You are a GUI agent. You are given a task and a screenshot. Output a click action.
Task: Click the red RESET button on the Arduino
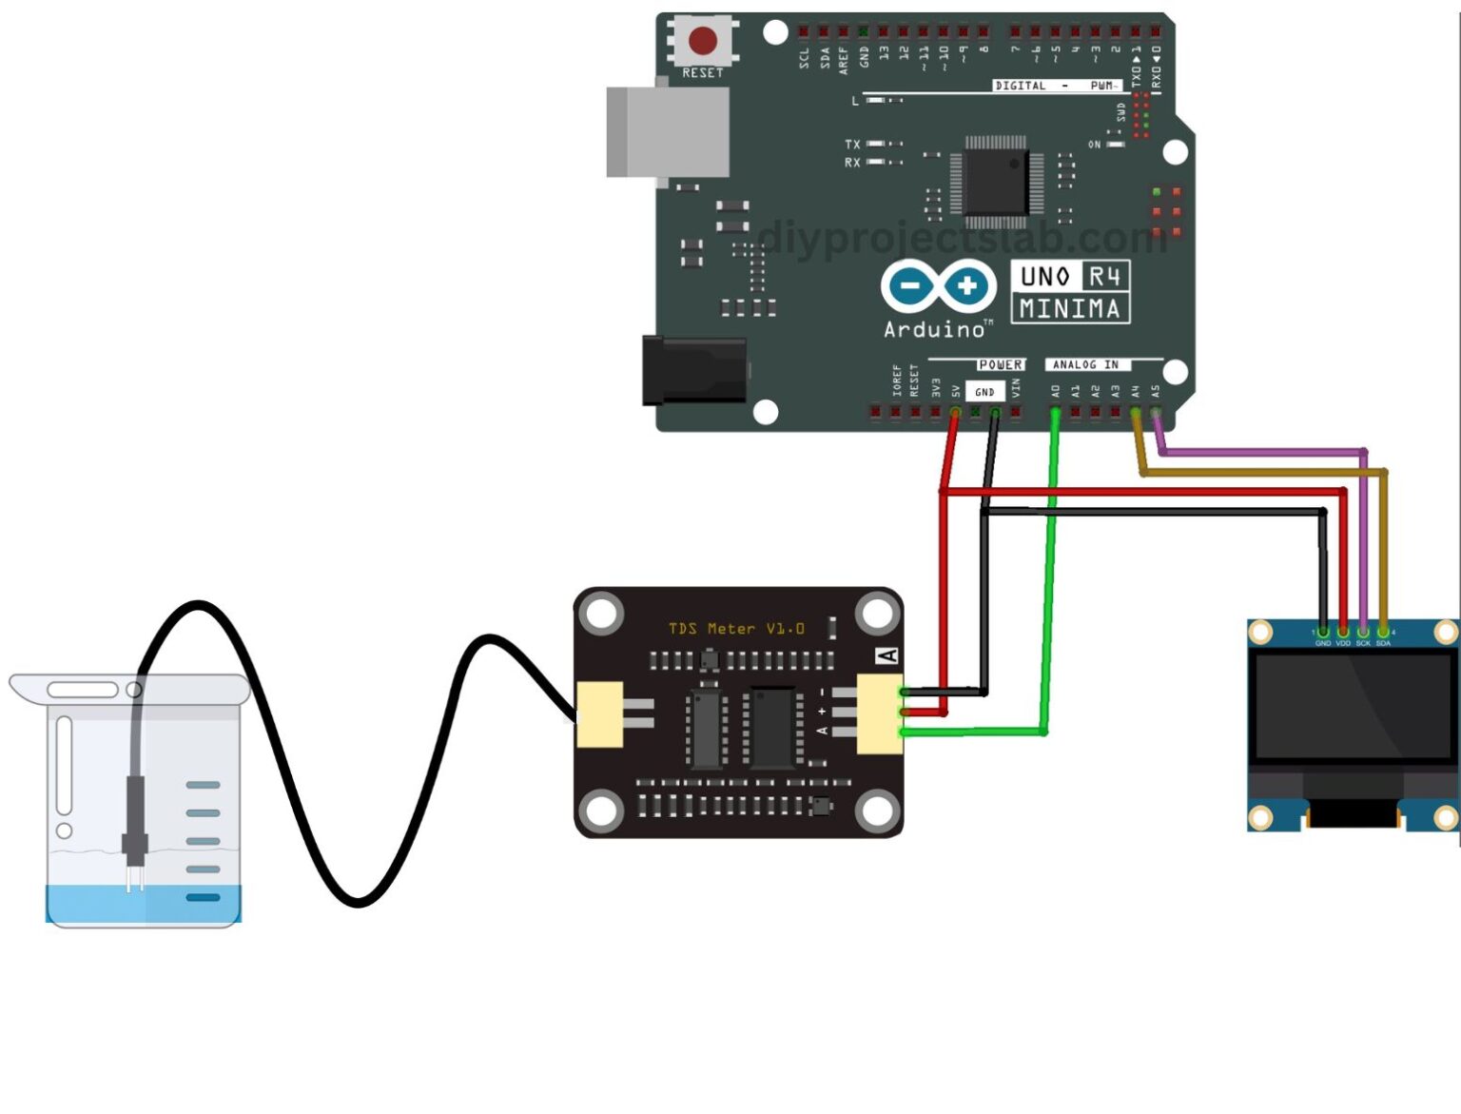(703, 41)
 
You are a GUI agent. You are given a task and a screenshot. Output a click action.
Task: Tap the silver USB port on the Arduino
(667, 131)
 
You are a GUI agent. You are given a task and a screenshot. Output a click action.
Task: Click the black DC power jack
(693, 370)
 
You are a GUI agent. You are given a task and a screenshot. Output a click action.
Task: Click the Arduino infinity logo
(938, 285)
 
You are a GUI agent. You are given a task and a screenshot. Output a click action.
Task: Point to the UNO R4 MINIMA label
(1069, 292)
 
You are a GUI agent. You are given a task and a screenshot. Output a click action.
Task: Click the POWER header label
(1000, 364)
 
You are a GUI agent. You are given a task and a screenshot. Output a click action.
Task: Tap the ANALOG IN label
(1085, 364)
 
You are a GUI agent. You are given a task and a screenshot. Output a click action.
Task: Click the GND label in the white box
(984, 392)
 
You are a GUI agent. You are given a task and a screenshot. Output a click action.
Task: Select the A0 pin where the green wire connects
(1055, 412)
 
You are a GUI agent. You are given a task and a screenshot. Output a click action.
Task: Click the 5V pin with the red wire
(955, 412)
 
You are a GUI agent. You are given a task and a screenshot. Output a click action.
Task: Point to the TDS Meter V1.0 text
(736, 629)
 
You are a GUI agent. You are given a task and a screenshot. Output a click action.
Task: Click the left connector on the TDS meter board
(600, 714)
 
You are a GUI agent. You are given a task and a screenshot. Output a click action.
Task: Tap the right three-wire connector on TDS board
(880, 713)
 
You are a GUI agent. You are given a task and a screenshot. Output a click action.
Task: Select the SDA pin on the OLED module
(1383, 632)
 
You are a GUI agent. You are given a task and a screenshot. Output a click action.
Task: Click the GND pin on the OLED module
(1323, 632)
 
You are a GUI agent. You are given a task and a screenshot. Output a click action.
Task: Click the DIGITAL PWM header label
(1056, 86)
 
